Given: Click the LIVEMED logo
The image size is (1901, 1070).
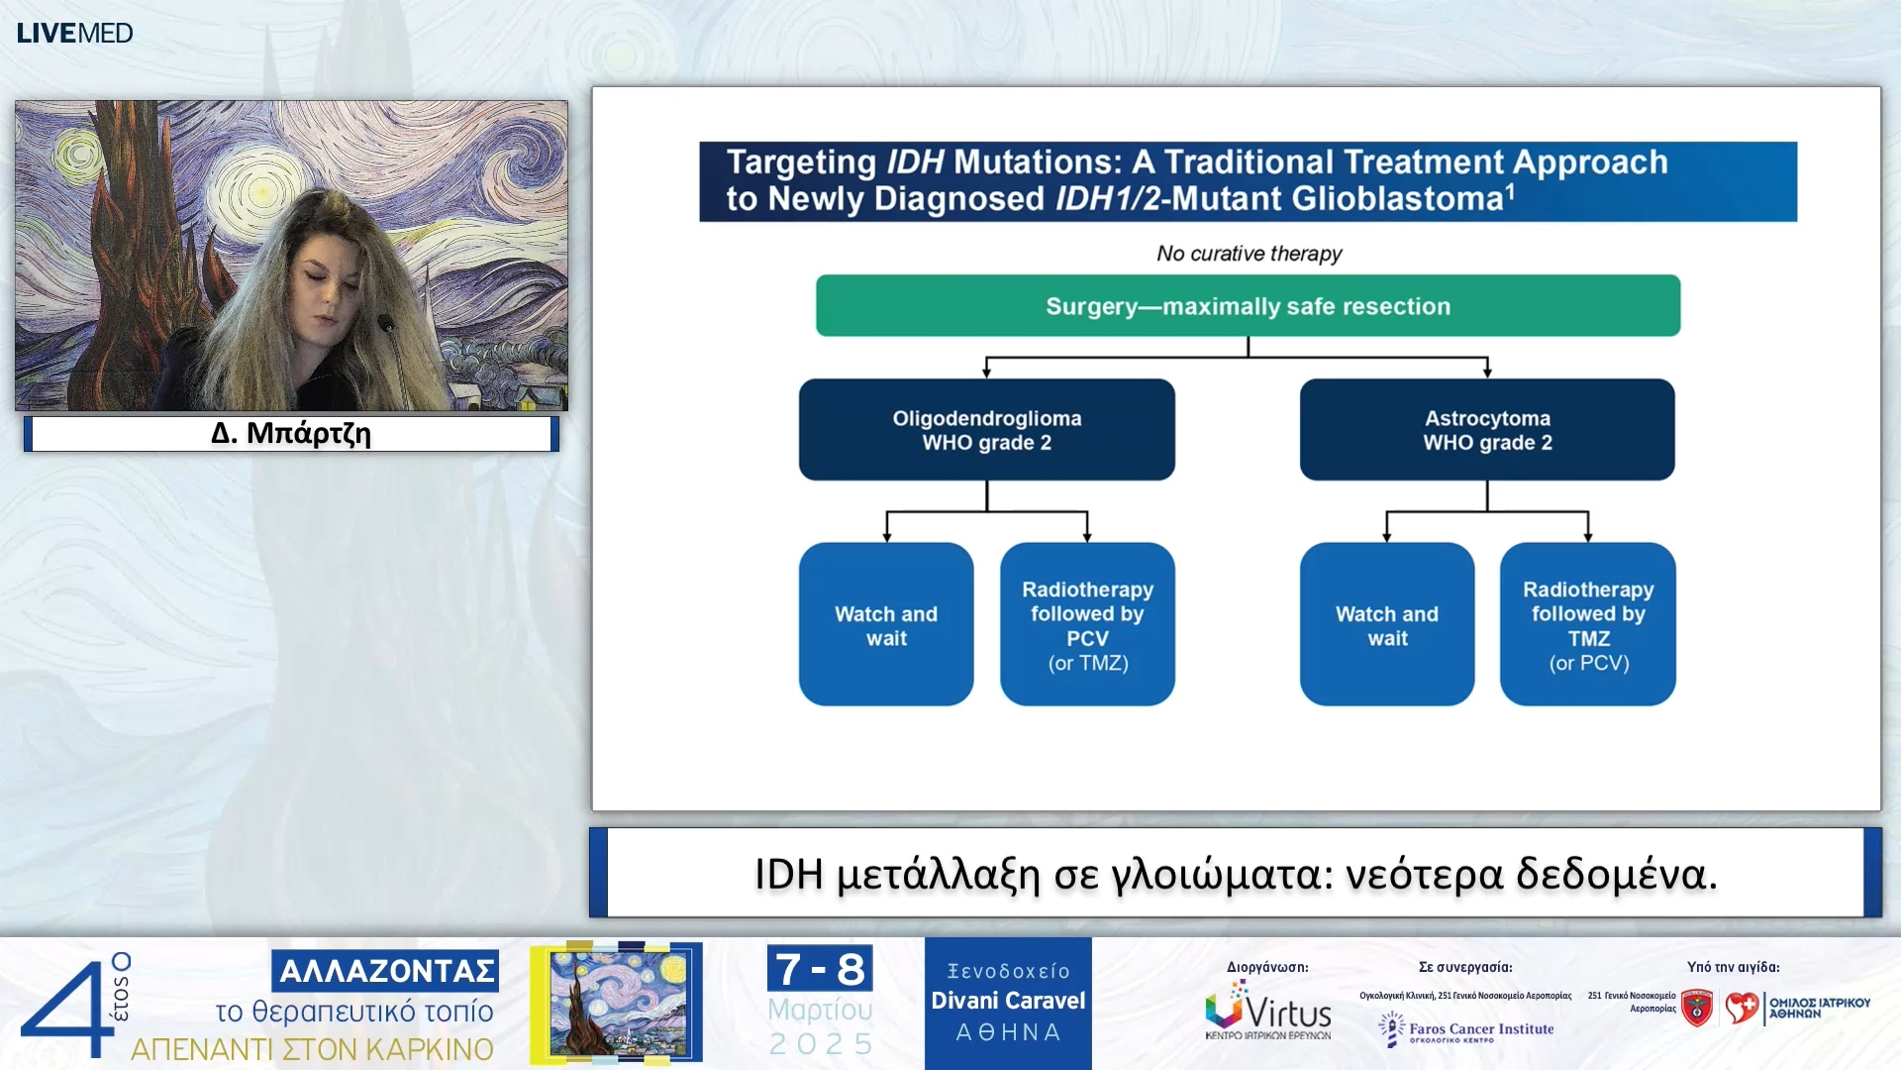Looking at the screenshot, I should point(74,33).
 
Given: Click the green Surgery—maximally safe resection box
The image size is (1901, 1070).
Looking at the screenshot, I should point(1248,306).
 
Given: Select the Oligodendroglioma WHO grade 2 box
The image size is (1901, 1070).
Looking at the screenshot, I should point(986,430).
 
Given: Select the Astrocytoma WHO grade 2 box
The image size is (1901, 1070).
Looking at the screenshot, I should point(1487,430).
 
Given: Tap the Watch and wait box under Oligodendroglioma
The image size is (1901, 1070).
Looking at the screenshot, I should point(886,625).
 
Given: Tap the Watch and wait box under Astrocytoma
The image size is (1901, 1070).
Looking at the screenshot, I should point(1386,625).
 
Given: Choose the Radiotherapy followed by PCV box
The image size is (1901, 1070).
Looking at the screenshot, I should point(1087,625).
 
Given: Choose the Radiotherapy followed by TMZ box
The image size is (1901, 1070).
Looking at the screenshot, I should point(1587,625).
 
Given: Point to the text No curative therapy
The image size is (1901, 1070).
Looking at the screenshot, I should point(1249,254).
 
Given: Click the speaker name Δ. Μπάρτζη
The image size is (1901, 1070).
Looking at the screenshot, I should point(291,434).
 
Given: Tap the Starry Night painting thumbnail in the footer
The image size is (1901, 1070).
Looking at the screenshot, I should point(618,1003).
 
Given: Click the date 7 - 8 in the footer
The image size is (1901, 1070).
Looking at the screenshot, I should point(820,969).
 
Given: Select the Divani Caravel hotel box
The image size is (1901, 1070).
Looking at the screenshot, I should point(1008,1003).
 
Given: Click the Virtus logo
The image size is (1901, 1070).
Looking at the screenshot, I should point(1267,1011).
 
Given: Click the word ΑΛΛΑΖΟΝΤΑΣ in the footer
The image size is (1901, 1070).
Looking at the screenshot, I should point(386,971).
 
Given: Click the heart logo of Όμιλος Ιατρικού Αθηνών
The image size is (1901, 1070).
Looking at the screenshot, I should point(1742,1009).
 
